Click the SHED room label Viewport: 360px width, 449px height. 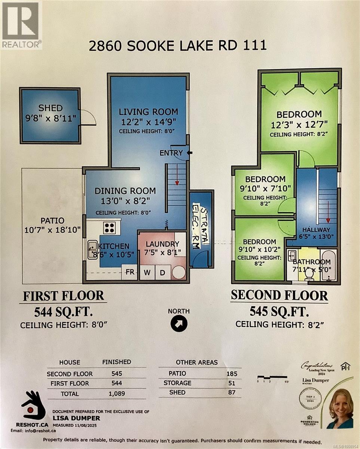[51, 108]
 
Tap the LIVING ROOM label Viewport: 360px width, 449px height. [148, 112]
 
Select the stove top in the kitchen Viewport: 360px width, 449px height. [110, 228]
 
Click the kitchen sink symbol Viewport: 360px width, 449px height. [92, 250]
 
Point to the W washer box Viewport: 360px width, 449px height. [147, 272]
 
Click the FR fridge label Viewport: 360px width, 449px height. [130, 272]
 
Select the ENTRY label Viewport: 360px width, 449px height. [171, 153]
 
